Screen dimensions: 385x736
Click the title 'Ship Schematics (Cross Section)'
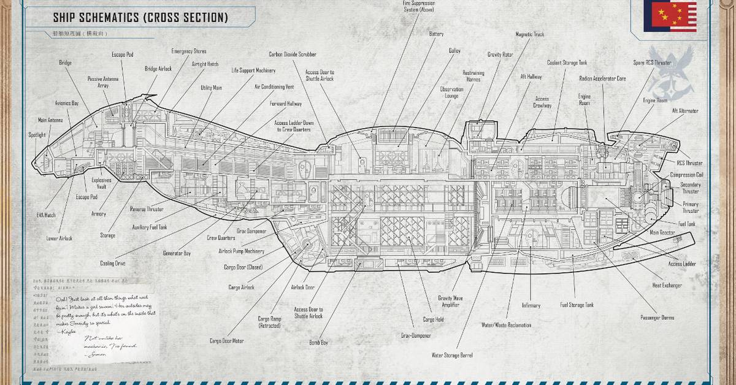140,17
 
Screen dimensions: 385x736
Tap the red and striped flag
669,16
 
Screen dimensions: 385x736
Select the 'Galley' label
454,51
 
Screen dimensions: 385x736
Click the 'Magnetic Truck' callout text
529,35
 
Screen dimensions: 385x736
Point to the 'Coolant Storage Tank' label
567,63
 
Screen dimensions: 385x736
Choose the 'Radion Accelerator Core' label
602,78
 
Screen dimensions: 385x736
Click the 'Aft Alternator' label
684,111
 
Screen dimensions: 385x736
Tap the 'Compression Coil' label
686,175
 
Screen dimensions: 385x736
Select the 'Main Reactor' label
663,233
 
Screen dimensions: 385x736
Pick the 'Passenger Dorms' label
657,318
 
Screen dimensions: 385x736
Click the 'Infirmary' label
531,305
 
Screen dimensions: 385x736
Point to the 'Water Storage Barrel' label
452,355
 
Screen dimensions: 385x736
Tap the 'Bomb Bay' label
318,343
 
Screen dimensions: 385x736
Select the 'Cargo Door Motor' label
227,341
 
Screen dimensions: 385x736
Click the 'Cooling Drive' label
113,264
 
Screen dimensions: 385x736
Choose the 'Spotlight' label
37,135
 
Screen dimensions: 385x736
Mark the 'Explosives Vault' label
101,183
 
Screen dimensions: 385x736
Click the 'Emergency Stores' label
189,51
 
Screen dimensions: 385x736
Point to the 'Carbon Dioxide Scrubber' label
293,55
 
